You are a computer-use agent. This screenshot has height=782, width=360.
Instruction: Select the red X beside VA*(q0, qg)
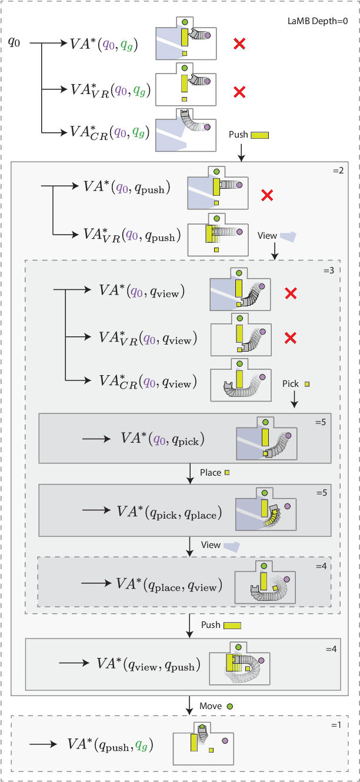(x=239, y=43)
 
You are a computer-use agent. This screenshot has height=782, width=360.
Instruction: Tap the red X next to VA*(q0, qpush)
(x=266, y=196)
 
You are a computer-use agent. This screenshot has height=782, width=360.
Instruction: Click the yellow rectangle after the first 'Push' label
(x=259, y=135)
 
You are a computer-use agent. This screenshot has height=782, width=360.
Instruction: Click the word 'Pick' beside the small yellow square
(x=290, y=384)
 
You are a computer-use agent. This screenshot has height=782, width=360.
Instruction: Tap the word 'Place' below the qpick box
(x=210, y=473)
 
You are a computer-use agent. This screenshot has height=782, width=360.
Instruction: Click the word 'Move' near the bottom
(x=210, y=706)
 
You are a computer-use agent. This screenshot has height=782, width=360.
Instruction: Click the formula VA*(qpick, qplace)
(x=169, y=513)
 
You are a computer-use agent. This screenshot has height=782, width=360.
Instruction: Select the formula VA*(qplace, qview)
(x=169, y=584)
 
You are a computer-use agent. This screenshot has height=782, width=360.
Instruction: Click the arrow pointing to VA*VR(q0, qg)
(x=55, y=89)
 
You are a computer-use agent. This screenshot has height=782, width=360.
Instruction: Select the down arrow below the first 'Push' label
(x=241, y=153)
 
